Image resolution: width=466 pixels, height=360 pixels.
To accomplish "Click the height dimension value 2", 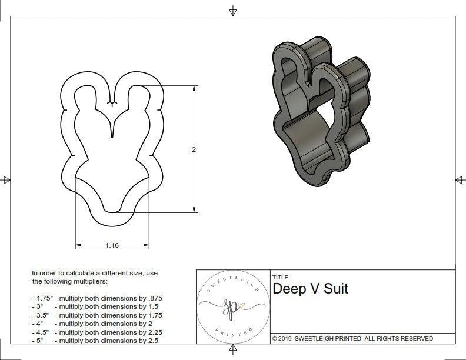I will pyautogui.click(x=194, y=149).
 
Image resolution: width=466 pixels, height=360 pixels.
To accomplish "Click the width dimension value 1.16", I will pyautogui.click(x=112, y=245).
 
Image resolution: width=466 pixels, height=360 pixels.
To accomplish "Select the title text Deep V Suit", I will pyautogui.click(x=310, y=289).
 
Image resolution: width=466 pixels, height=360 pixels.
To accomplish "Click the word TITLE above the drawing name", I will pyautogui.click(x=279, y=277).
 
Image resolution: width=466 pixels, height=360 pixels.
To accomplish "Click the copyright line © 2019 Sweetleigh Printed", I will pyautogui.click(x=352, y=338).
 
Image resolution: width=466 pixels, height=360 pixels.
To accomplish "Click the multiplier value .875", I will pyautogui.click(x=154, y=298).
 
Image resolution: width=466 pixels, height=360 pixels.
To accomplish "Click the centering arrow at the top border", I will pyautogui.click(x=233, y=11).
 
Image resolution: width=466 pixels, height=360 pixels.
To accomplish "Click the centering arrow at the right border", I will pyautogui.click(x=459, y=179).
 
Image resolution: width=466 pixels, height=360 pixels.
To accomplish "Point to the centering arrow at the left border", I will pyautogui.click(x=6, y=179).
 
